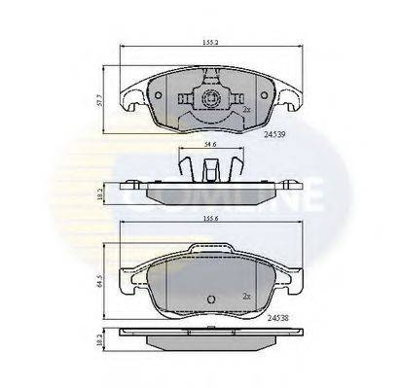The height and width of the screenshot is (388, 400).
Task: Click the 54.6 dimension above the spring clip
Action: [x=207, y=146]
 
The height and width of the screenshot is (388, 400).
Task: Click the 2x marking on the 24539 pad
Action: [x=248, y=110]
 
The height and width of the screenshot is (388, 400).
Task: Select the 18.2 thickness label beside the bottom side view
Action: [x=99, y=344]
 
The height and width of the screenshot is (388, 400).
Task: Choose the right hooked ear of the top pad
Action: [x=289, y=97]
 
